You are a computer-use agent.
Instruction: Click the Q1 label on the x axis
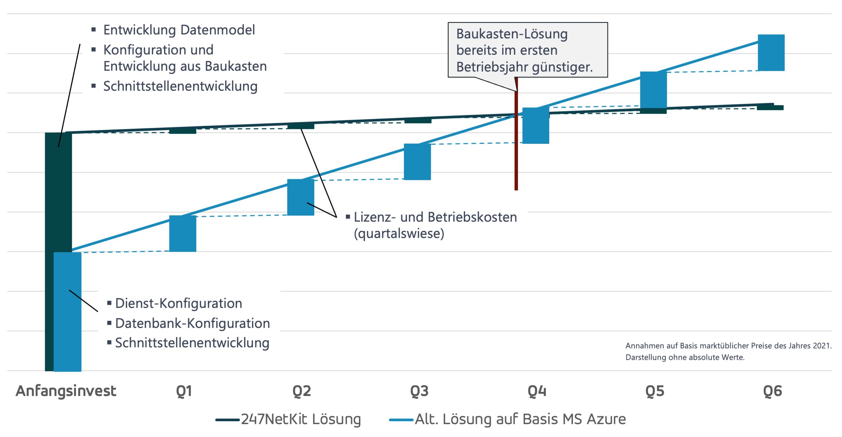(x=184, y=391)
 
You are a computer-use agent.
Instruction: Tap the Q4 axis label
(x=537, y=391)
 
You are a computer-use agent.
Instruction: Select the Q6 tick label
(x=772, y=391)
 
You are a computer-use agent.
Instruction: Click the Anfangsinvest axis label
(x=66, y=391)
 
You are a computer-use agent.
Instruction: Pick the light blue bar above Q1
(x=183, y=233)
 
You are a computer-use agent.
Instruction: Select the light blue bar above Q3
(x=417, y=162)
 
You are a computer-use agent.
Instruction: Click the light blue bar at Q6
(x=771, y=53)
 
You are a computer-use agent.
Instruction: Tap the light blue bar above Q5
(x=653, y=90)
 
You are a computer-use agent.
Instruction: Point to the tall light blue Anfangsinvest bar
(x=67, y=312)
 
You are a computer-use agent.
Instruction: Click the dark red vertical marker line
(x=516, y=152)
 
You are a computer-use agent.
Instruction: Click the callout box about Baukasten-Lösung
(x=527, y=50)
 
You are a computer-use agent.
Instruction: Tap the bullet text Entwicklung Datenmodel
(x=179, y=30)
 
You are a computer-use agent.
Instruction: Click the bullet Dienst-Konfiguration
(x=179, y=303)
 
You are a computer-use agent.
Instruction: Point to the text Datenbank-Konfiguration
(x=192, y=323)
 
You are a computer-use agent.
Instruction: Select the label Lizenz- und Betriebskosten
(x=435, y=217)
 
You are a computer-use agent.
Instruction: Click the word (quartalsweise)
(x=399, y=233)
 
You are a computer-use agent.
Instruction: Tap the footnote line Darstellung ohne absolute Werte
(x=685, y=357)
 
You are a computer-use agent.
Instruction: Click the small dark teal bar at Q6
(x=770, y=107)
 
